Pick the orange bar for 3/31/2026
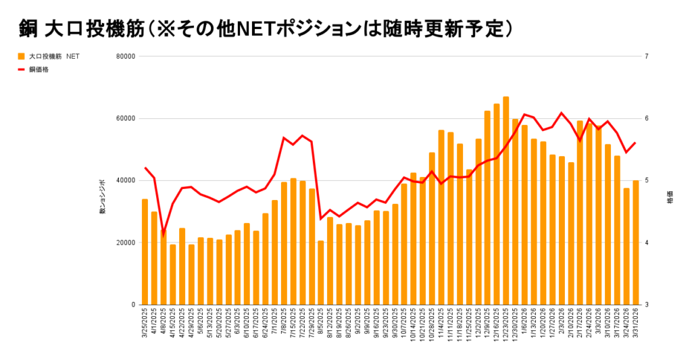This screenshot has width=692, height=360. [636, 242]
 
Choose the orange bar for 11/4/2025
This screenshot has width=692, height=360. [441, 217]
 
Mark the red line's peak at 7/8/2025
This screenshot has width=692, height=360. [284, 138]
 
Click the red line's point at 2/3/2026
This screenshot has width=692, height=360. [562, 113]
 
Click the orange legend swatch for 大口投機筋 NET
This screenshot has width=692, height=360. [22, 57]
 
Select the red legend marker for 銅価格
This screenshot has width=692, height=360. [22, 69]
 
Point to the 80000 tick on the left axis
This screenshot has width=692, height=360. [126, 57]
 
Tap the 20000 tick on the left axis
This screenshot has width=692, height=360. [126, 243]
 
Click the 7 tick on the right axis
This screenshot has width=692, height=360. [647, 57]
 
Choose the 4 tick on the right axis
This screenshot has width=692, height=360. [647, 243]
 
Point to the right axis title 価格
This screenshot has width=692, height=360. [670, 201]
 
